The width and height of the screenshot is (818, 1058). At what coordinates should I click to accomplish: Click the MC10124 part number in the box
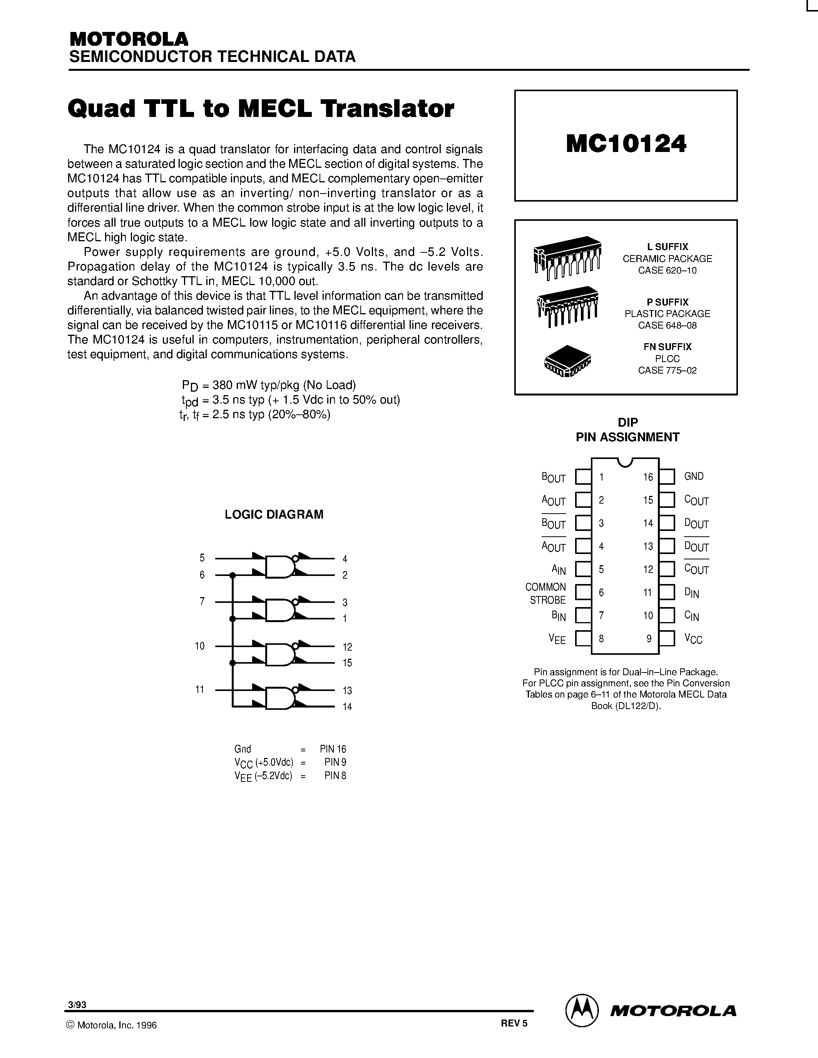(626, 144)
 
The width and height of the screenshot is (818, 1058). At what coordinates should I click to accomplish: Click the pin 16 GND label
(693, 477)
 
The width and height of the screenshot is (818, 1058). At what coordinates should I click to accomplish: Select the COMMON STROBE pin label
(546, 593)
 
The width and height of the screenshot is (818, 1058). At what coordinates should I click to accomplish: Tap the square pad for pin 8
(583, 639)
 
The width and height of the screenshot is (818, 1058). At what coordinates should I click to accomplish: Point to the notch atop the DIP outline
(625, 462)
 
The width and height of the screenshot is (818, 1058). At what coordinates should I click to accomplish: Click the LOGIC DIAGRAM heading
(274, 514)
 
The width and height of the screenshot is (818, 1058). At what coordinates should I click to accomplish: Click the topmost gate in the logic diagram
(279, 566)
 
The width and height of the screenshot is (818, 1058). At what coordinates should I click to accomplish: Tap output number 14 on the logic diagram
(347, 707)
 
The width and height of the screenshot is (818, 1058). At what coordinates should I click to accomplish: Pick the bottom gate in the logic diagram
(279, 698)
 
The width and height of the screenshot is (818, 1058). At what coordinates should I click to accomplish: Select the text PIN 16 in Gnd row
(333, 749)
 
